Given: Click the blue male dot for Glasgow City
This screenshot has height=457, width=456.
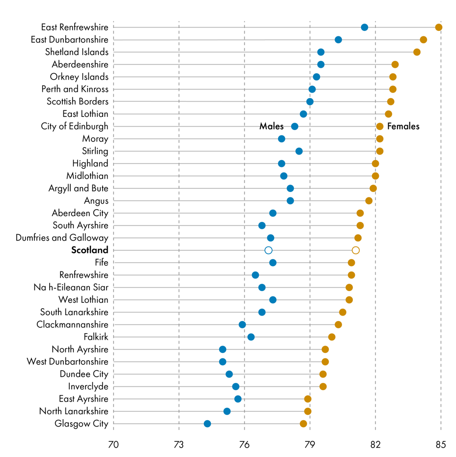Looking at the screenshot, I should [x=207, y=424].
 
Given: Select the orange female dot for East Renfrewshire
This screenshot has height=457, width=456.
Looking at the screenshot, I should [x=439, y=27].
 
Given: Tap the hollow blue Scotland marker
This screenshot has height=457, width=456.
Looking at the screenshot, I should [x=268, y=250].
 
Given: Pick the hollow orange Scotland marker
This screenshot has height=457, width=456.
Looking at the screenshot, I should [x=356, y=250].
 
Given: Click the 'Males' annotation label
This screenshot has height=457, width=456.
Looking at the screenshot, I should [x=271, y=127].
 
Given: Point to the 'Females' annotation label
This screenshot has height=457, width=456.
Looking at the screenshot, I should [x=403, y=127].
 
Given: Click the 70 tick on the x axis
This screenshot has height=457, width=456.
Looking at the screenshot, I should [x=114, y=445].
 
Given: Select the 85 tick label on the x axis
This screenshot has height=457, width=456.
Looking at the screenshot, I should [x=441, y=445].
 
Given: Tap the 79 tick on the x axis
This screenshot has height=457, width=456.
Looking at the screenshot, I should [x=310, y=445].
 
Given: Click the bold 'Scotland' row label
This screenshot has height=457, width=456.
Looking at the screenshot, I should [x=89, y=250].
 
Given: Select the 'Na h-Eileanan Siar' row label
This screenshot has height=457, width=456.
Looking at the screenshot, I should [x=71, y=287].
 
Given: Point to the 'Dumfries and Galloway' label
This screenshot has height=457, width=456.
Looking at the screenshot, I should [x=62, y=238].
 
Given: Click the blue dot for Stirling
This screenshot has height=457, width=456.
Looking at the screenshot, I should [x=299, y=151].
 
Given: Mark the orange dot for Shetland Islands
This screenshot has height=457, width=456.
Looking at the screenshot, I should [x=417, y=52].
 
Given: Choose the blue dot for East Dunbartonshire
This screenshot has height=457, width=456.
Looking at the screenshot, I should [x=338, y=40].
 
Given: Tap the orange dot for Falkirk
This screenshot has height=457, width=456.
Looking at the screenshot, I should [x=332, y=337].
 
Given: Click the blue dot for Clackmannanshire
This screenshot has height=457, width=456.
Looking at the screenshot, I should [x=242, y=324].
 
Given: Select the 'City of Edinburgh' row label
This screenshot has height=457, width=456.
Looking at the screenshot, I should [x=75, y=127].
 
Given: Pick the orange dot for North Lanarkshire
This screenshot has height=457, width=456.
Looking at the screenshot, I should [x=308, y=411].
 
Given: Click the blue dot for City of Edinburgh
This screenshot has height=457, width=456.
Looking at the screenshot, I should [x=294, y=127].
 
